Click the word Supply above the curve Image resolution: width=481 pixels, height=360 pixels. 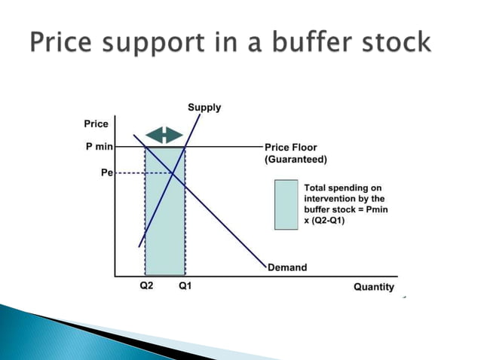pos(204,107)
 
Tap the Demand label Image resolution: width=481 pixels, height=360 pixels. pos(287,267)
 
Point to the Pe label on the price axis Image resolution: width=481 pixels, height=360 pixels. pos(106,172)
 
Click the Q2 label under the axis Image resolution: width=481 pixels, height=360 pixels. pos(148,287)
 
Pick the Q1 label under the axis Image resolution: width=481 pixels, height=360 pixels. pos(185,287)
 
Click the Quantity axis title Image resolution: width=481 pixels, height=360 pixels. pos(373,287)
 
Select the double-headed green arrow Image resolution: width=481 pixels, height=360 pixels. pos(164,135)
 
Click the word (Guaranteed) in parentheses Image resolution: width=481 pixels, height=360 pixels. pos(296,160)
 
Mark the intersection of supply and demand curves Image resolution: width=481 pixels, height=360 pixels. pos(173,173)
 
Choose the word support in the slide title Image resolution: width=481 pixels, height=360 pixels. pos(158,42)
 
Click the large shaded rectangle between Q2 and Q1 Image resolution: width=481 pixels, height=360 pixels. pos(164,226)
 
